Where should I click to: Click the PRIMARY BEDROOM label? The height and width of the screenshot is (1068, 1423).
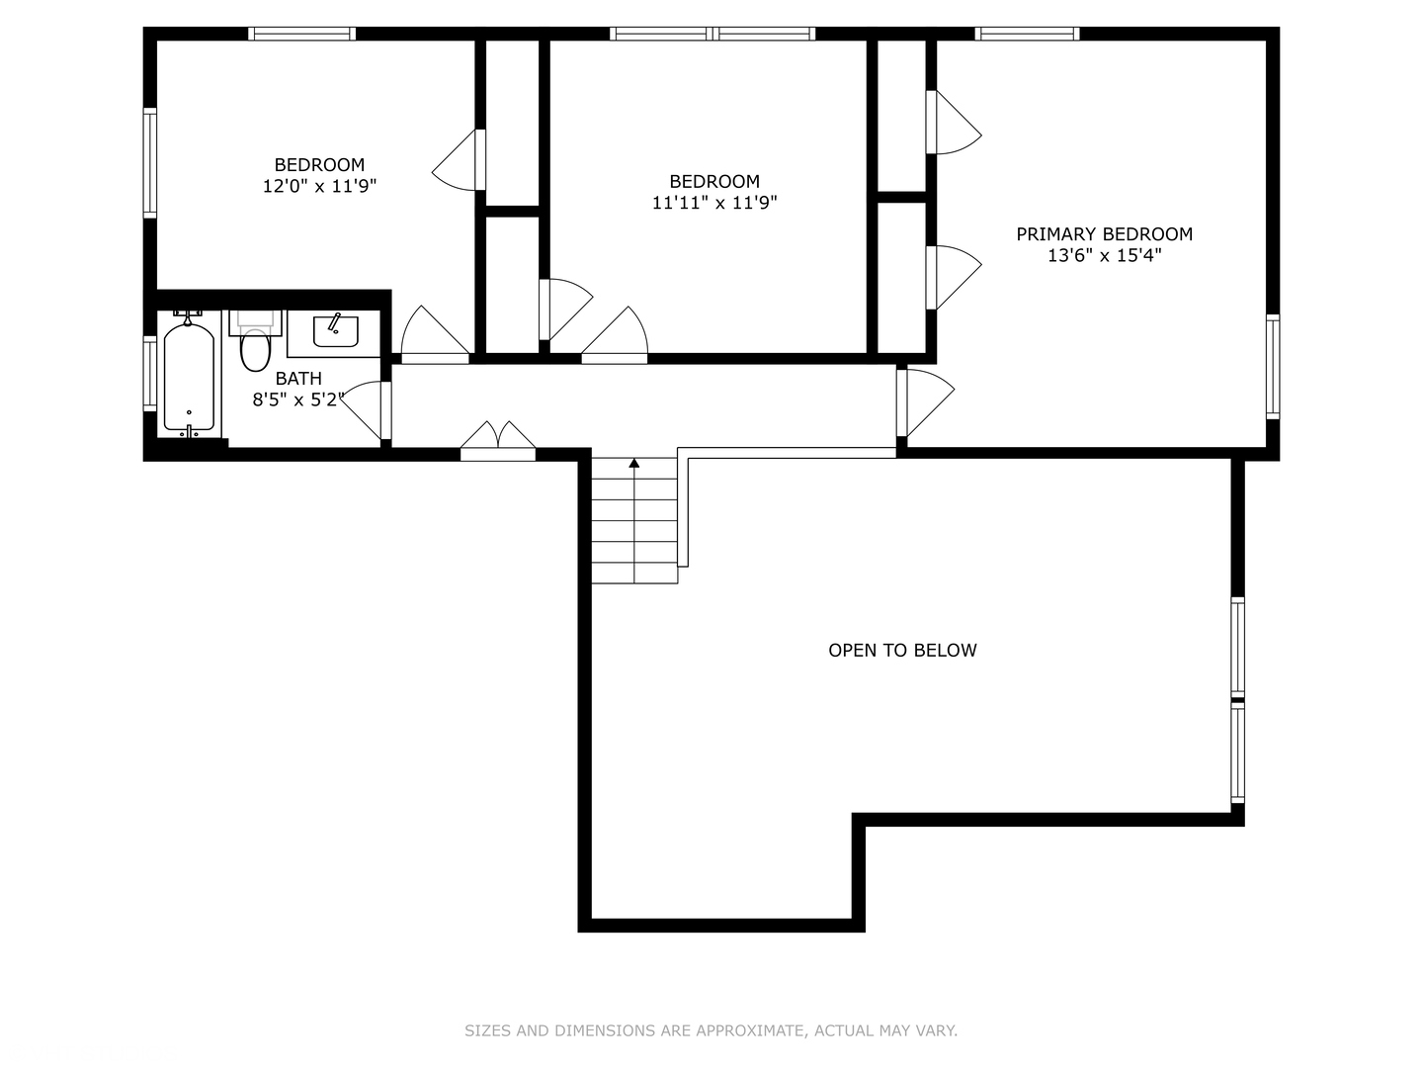tap(1104, 234)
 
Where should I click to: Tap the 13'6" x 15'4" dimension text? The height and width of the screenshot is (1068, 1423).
tap(1104, 256)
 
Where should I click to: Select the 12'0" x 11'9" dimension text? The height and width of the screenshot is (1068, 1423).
tap(319, 187)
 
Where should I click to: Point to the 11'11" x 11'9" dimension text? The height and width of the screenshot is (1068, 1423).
tap(713, 204)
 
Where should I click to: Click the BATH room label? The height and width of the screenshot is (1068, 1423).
tap(298, 379)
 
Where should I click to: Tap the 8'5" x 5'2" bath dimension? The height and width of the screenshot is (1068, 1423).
tap(297, 400)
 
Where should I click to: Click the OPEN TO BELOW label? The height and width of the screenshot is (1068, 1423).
tap(902, 651)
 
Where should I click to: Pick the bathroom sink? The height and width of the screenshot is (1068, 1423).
tap(335, 331)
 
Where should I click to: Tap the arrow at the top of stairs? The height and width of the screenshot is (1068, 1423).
tap(634, 463)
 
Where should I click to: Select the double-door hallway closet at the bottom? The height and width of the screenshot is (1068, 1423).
tap(498, 442)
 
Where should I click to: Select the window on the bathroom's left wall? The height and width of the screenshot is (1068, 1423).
tap(150, 373)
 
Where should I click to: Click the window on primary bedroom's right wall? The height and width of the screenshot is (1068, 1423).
tap(1273, 367)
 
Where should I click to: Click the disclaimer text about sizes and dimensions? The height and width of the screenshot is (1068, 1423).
tap(711, 1030)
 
